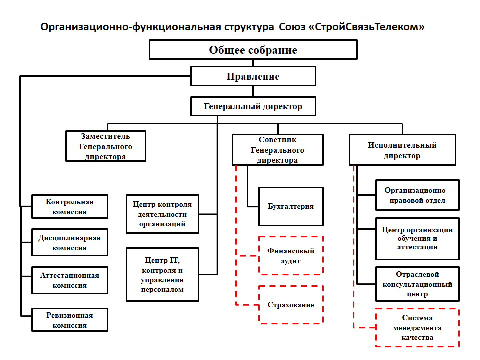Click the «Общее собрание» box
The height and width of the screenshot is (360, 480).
(253, 49)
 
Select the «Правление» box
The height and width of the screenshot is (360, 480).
(253, 76)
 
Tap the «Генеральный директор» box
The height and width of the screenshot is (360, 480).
(253, 106)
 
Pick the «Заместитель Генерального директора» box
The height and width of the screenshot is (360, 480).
(106, 146)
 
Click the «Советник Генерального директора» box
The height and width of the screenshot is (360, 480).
(277, 150)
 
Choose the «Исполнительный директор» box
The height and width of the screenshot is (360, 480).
(402, 150)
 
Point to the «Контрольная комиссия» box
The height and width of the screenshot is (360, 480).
(70, 206)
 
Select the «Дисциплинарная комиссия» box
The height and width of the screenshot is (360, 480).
(70, 242)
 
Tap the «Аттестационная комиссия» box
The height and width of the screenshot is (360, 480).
(70, 280)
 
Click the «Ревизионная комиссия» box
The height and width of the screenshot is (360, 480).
(70, 320)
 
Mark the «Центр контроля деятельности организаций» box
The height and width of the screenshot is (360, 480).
(162, 214)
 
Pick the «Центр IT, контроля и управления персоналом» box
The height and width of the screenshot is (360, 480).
(162, 274)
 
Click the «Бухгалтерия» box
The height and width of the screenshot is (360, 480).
(291, 206)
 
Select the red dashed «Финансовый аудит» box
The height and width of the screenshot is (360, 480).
(291, 255)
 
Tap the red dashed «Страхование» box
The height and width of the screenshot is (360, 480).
(291, 304)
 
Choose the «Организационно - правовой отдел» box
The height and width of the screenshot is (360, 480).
(417, 195)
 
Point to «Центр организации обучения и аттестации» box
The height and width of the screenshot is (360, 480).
(417, 239)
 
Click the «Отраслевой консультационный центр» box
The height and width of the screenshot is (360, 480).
(417, 284)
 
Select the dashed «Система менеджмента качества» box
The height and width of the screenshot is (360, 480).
(417, 327)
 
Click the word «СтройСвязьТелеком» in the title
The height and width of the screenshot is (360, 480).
(367, 27)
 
